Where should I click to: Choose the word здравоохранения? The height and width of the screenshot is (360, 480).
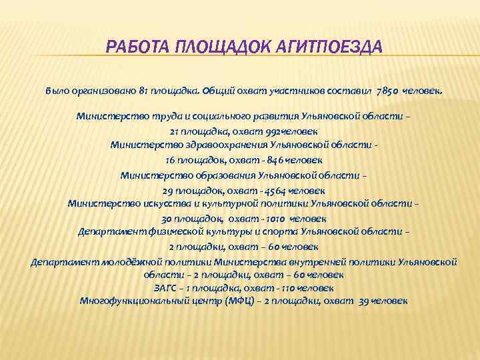(x=216, y=145)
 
